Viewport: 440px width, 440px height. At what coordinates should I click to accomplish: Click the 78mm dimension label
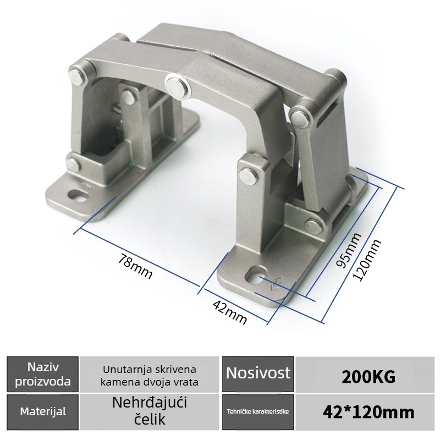point(135,266)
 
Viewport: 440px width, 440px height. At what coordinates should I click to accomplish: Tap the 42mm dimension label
point(230,312)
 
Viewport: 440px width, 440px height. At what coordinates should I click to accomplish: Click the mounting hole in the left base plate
point(78,195)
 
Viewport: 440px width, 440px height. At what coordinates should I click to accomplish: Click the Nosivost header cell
point(258,375)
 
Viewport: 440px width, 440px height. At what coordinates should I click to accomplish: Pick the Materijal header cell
point(43,412)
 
